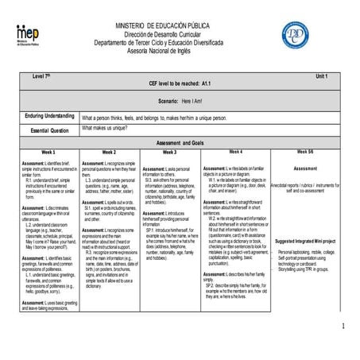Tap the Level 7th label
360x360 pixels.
pos(41,75)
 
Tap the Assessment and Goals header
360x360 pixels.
pos(178,141)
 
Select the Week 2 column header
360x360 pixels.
pos(109,151)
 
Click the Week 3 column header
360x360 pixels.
pos(169,151)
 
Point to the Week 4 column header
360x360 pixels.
pos(235,150)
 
